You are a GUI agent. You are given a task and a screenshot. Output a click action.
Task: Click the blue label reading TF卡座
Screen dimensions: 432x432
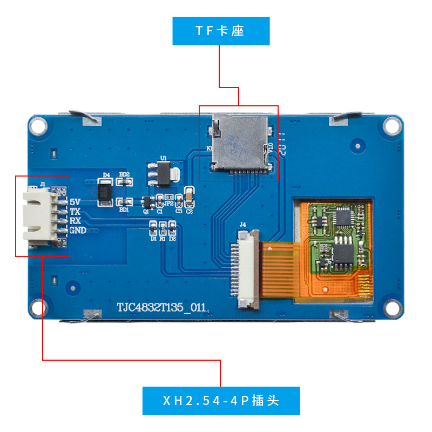220,31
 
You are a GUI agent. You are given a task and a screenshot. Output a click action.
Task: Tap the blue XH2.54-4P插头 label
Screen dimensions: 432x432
221,401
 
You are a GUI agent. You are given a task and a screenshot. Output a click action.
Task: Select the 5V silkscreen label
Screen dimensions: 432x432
75,201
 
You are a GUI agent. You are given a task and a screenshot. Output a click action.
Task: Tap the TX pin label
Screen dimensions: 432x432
75,211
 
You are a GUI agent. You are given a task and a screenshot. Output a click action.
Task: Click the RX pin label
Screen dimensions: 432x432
76,221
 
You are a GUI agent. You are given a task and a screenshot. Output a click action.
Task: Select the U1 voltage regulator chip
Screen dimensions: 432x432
163,173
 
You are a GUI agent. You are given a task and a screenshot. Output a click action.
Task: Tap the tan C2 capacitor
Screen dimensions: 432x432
189,197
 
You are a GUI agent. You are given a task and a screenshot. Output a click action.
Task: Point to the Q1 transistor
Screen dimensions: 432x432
145,202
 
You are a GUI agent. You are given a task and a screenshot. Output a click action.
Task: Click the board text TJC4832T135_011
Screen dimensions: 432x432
161,308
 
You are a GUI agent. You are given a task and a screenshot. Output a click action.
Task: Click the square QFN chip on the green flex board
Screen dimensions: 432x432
343,217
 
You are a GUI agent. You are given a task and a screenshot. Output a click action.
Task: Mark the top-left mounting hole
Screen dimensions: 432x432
37,125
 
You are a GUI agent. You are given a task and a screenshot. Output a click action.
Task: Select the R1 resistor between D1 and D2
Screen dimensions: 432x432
163,231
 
